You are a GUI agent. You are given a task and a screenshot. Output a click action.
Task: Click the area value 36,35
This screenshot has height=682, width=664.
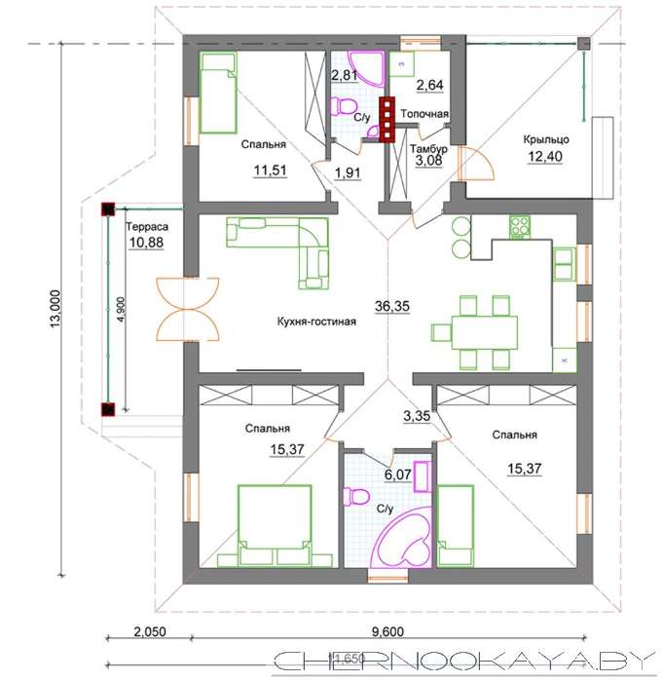392,306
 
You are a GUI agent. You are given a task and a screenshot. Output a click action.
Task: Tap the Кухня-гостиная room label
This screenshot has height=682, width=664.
316,322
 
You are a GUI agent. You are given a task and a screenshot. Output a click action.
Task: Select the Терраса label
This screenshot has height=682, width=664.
146,227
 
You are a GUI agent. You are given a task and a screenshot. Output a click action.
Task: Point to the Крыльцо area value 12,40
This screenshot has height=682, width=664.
545,156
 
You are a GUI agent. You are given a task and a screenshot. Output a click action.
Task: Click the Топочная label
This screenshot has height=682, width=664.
424,114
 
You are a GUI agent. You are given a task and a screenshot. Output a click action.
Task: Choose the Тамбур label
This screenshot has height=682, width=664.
428,149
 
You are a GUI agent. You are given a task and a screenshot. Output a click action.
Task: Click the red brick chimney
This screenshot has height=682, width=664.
387,120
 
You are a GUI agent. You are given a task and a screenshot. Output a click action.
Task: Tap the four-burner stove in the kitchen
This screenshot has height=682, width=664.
520,227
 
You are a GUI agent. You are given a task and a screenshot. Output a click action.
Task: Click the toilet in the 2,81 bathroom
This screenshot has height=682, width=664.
344,106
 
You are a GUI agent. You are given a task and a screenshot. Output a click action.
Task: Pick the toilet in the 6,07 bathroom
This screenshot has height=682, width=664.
356,497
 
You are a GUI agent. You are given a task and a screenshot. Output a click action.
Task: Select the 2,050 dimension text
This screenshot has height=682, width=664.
150,631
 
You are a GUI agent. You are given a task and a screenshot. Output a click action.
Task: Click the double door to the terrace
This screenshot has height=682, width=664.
188,309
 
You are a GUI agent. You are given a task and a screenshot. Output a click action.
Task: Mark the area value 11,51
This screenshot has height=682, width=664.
270,170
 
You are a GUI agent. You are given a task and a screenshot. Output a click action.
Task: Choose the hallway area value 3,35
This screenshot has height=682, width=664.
417,416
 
